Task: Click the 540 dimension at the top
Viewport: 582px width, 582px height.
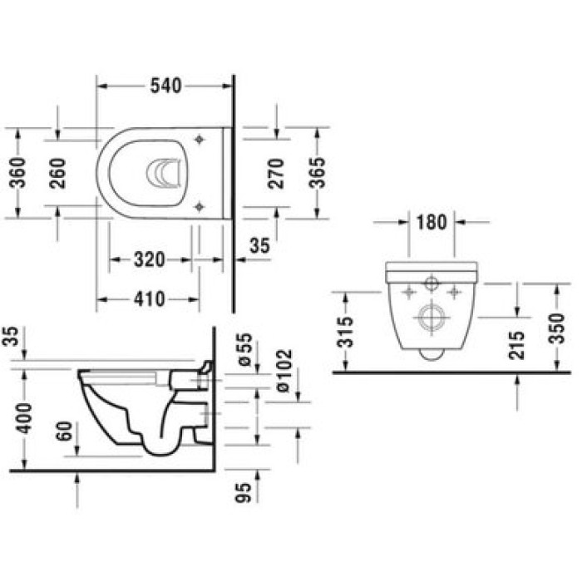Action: tap(166, 86)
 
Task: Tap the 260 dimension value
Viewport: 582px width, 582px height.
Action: tap(57, 172)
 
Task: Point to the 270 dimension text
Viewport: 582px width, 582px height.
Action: tap(278, 172)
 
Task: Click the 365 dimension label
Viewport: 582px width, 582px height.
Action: tap(316, 172)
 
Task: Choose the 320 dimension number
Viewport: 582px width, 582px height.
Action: tap(149, 260)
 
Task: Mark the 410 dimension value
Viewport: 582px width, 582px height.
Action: tap(150, 299)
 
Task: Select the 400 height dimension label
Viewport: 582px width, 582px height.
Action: tap(26, 416)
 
